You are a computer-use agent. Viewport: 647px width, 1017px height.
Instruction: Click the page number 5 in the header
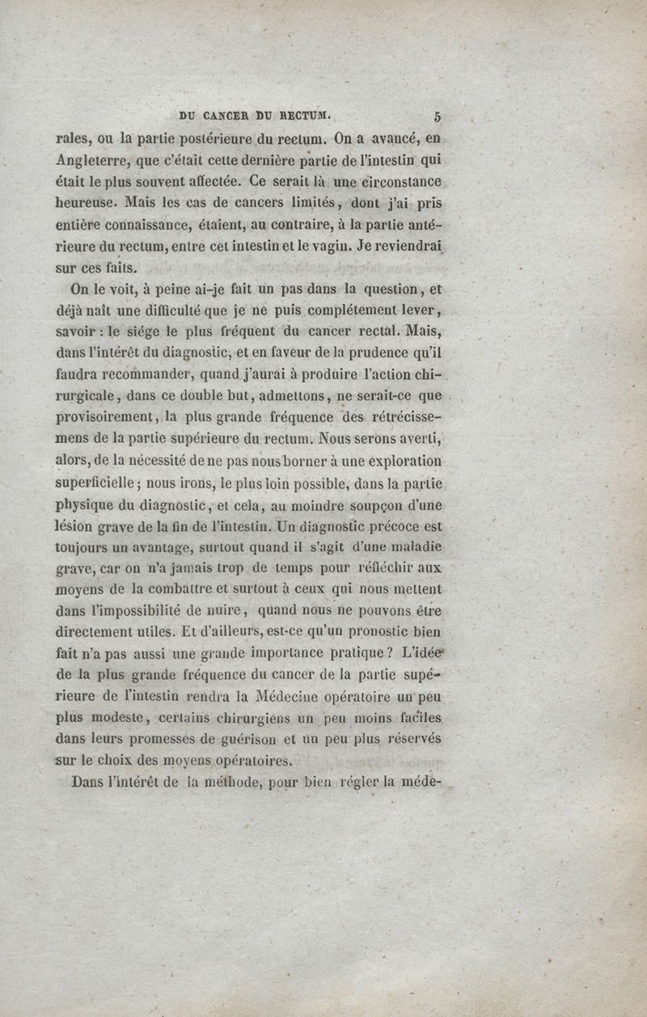click(x=438, y=115)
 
